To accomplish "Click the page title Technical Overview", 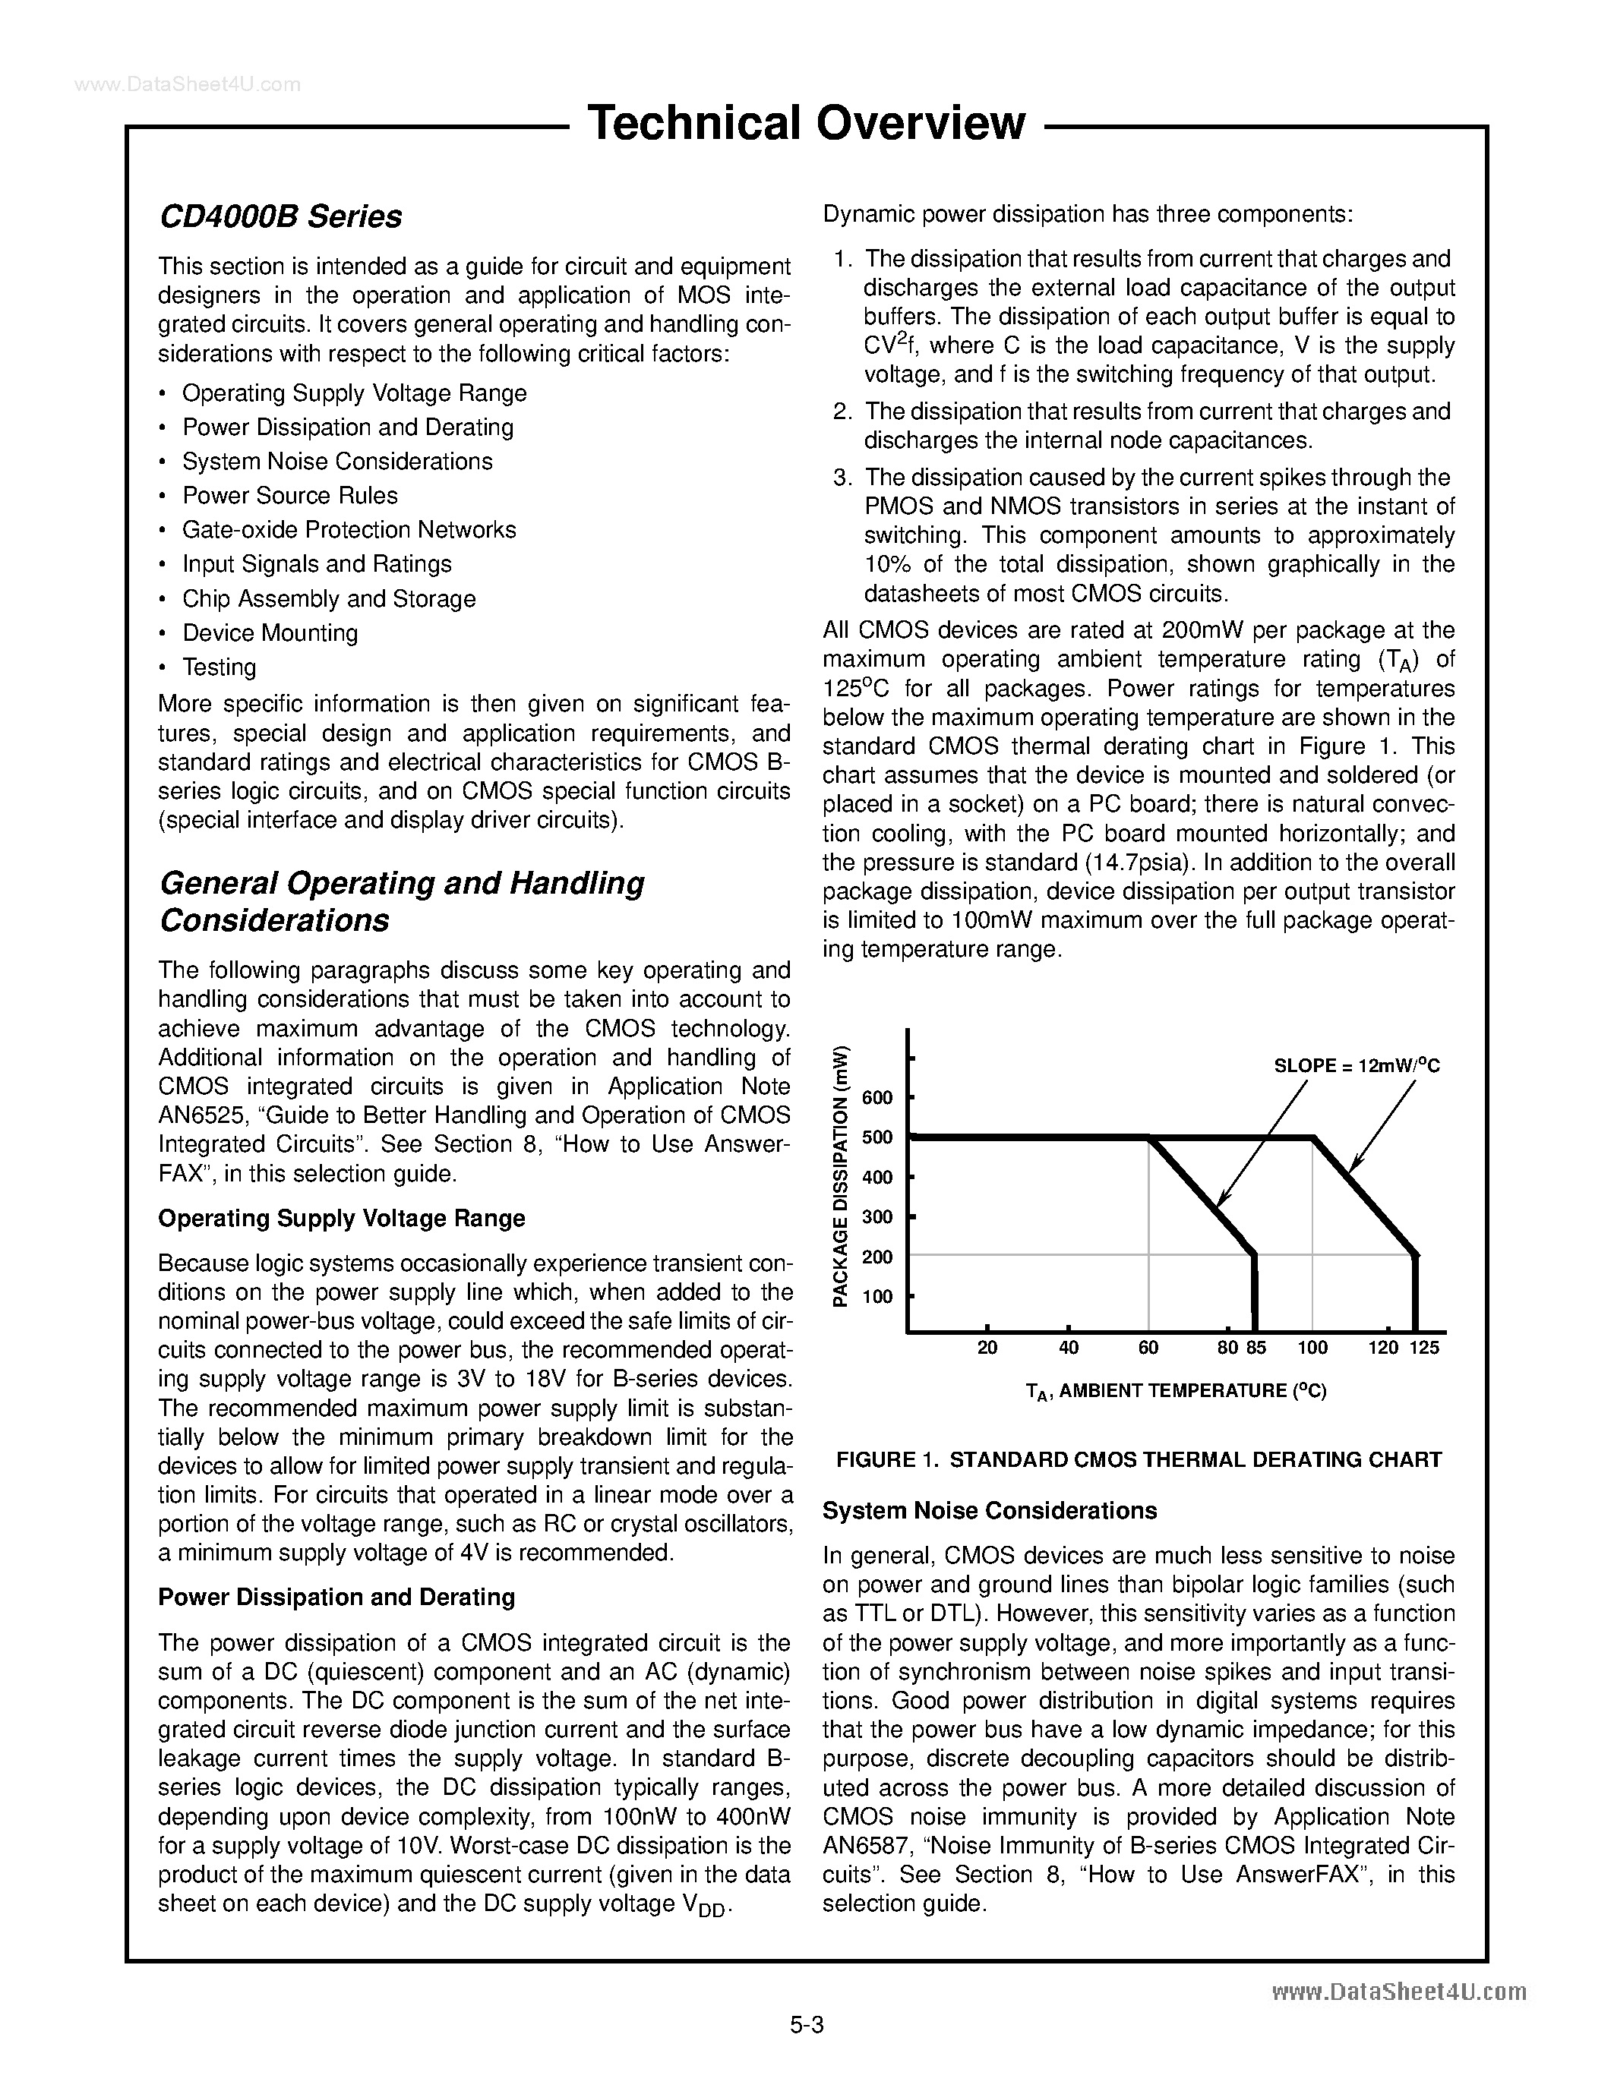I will (x=806, y=123).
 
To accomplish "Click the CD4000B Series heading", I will (x=280, y=217).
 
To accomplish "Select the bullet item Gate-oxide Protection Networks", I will (x=349, y=530).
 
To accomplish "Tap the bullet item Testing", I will (x=219, y=667).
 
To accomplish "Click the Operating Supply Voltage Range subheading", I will (x=341, y=1218).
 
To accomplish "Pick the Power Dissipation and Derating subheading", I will (x=336, y=1598).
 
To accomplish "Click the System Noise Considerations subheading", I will (x=990, y=1510).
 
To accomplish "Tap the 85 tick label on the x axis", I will (x=1256, y=1348).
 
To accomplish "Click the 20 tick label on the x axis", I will (x=987, y=1348).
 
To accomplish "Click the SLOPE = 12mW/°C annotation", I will (x=1356, y=1066).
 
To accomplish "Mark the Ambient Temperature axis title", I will (x=1175, y=1391).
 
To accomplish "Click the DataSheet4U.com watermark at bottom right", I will (x=1399, y=1992).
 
